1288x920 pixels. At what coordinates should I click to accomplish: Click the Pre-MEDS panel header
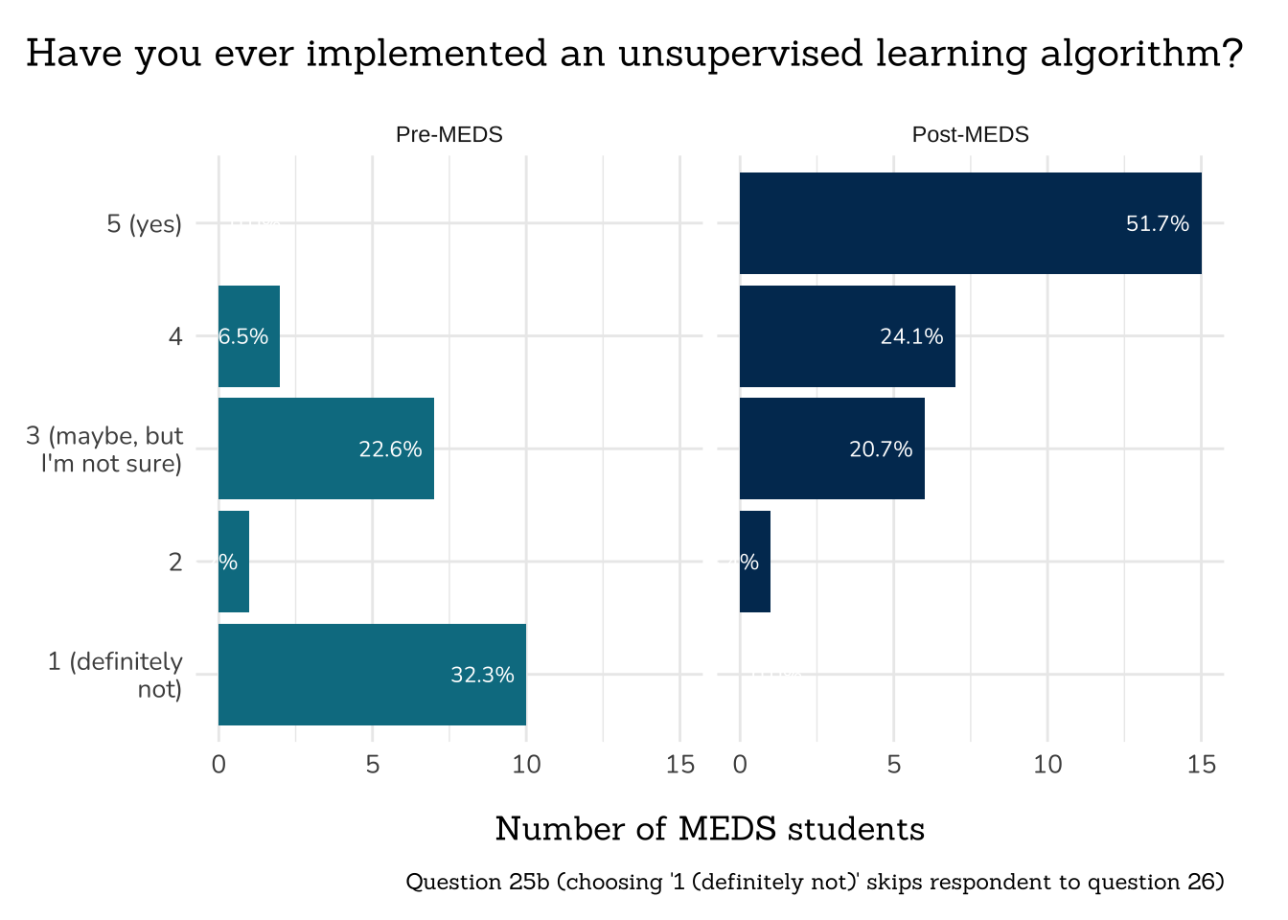(x=448, y=134)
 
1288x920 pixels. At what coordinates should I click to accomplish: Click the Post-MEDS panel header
(x=970, y=134)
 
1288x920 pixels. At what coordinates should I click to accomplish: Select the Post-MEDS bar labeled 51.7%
(x=970, y=223)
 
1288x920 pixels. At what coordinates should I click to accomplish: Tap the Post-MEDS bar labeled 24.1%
(x=847, y=336)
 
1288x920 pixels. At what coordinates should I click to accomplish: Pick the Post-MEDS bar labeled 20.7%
(x=832, y=448)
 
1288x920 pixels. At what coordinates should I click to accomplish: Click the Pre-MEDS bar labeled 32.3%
(x=372, y=675)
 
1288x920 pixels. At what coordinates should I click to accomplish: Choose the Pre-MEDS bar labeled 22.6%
(x=326, y=448)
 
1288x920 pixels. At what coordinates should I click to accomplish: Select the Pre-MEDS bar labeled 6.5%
(x=249, y=336)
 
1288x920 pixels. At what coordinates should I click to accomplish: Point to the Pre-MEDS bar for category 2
(x=234, y=562)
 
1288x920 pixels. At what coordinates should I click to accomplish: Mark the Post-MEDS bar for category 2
(x=755, y=562)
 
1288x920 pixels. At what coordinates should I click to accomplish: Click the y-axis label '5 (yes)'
(x=144, y=224)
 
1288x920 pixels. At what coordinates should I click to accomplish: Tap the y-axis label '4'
(x=175, y=336)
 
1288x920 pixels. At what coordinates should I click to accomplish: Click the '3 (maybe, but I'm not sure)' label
(x=104, y=449)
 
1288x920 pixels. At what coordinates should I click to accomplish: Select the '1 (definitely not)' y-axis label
(x=115, y=675)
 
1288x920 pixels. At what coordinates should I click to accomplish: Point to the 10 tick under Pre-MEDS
(x=526, y=765)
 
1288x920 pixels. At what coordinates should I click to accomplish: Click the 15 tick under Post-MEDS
(x=1201, y=765)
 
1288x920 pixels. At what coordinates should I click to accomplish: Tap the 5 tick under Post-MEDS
(x=893, y=765)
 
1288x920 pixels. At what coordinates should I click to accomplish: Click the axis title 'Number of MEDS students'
(x=709, y=829)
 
